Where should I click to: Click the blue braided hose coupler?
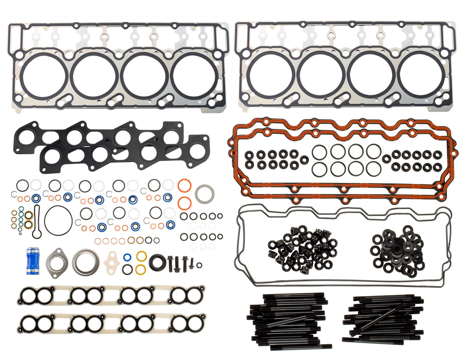click(x=34, y=261)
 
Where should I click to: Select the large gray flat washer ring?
click(x=203, y=193)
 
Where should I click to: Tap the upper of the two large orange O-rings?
click(x=184, y=187)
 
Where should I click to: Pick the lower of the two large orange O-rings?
click(x=184, y=203)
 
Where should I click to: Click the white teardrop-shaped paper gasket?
click(x=112, y=261)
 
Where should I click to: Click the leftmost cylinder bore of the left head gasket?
click(x=44, y=75)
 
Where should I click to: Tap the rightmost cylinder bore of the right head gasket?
click(x=421, y=75)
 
